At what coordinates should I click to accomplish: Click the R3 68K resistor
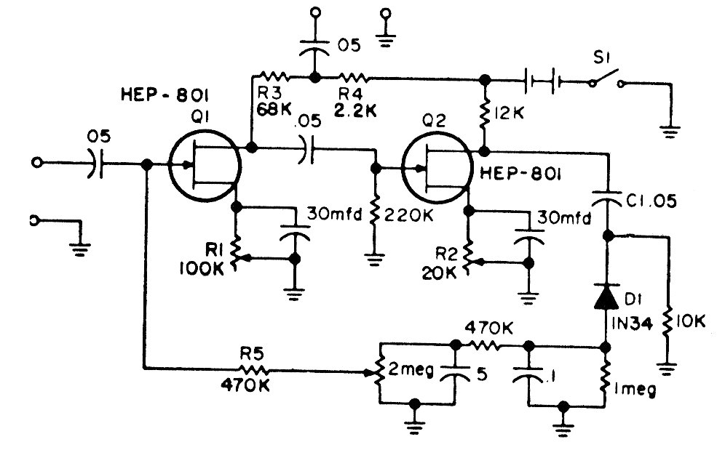(x=274, y=76)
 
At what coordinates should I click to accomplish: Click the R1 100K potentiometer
(x=236, y=252)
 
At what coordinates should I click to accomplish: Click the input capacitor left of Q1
(x=97, y=164)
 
